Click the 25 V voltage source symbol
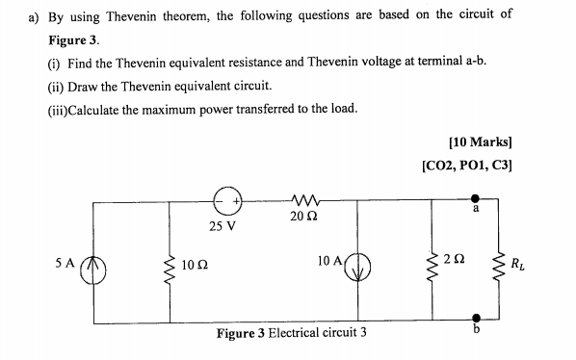click(x=227, y=202)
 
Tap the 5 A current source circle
click(x=93, y=263)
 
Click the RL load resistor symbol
click(x=498, y=263)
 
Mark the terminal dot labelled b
click(x=477, y=316)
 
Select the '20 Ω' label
click(x=300, y=218)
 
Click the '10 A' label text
click(x=327, y=261)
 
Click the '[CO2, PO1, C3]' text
click(x=467, y=164)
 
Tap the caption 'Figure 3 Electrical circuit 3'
click(x=292, y=334)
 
